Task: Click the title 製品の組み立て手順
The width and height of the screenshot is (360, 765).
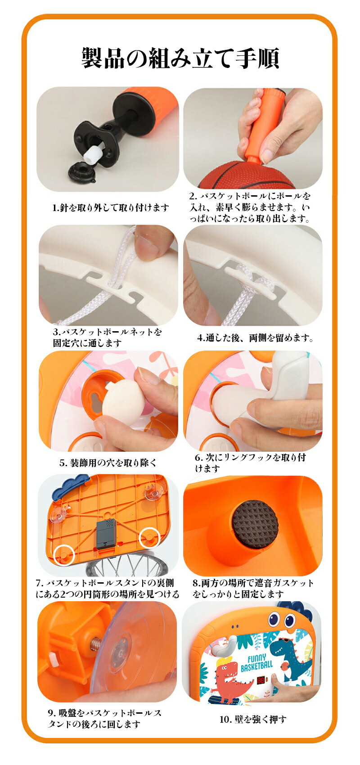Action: tap(180, 58)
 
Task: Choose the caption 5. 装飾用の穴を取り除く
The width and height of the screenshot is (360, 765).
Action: tap(108, 463)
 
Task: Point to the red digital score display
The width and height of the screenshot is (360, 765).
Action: tap(260, 679)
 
